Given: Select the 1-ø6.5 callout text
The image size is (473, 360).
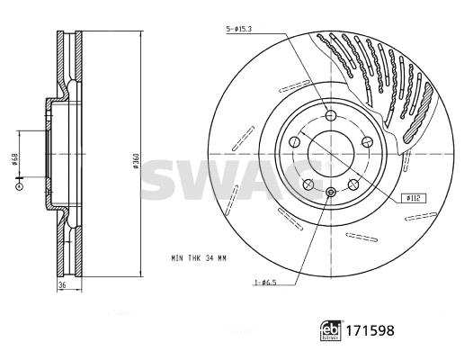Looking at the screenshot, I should [264, 283].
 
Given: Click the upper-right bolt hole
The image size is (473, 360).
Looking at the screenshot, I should [367, 141].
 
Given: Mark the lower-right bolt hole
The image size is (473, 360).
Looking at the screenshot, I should [353, 184].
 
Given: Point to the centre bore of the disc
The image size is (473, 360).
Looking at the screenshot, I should [331, 154].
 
